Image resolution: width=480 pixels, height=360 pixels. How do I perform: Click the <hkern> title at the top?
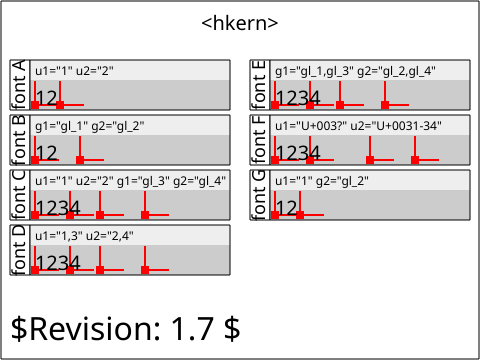[240, 23]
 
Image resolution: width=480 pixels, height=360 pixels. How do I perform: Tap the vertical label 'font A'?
[20, 85]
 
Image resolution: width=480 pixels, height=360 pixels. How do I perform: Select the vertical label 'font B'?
[20, 140]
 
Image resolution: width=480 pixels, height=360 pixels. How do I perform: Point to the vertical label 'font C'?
[20, 195]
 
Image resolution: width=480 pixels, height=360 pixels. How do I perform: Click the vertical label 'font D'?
[20, 250]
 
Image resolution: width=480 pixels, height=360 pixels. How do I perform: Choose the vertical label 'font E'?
[260, 85]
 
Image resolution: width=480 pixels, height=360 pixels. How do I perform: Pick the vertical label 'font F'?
[260, 140]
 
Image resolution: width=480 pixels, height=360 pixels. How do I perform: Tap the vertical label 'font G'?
[260, 195]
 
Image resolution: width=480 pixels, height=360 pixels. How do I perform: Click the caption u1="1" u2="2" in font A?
[74, 71]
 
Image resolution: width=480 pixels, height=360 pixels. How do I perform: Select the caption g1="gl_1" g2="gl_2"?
[90, 126]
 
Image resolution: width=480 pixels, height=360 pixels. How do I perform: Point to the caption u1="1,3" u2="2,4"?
[84, 236]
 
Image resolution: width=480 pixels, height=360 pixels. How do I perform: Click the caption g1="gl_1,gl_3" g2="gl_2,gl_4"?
[355, 71]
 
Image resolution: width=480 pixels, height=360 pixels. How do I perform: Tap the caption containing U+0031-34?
[358, 126]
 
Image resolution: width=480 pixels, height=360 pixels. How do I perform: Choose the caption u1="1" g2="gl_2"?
[322, 181]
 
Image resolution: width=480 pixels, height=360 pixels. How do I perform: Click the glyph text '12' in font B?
[47, 153]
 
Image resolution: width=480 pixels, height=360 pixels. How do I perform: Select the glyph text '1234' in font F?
[298, 153]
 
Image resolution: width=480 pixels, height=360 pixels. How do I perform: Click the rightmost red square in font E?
[385, 105]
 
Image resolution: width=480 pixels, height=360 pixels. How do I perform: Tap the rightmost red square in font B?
[80, 160]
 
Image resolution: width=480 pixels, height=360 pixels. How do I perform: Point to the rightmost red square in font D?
[145, 270]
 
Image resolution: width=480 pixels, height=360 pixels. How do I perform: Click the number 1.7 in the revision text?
[192, 328]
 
